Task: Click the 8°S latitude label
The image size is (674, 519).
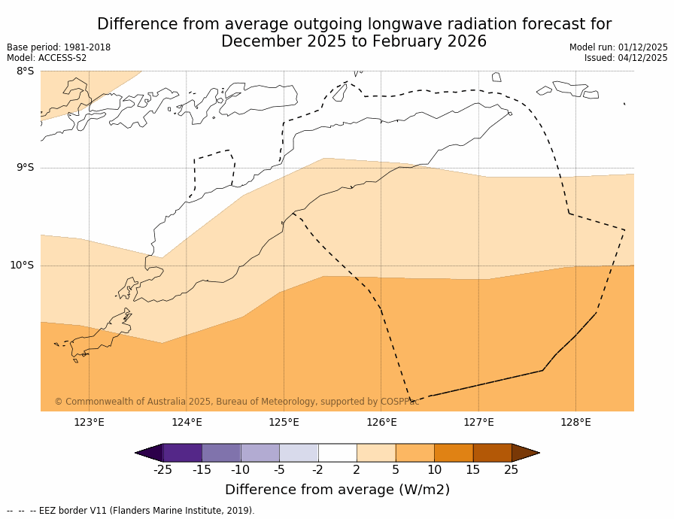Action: click(25, 71)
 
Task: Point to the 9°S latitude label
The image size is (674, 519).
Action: click(25, 168)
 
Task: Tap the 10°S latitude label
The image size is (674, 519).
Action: click(22, 265)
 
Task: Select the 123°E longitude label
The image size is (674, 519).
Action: click(89, 422)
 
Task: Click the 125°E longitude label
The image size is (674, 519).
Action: click(284, 422)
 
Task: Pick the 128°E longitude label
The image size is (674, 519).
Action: click(575, 422)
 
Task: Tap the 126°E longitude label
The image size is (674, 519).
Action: click(381, 422)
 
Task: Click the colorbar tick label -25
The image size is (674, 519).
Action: click(162, 470)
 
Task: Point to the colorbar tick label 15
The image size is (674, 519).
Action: click(472, 470)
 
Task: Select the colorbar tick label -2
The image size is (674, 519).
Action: click(318, 470)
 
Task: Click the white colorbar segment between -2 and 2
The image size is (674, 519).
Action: click(337, 453)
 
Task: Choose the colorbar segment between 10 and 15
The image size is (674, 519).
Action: click(454, 453)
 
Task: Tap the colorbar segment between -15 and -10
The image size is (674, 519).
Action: click(221, 453)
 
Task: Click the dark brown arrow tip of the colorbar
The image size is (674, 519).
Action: click(525, 453)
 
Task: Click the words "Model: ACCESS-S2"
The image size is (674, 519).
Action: click(47, 58)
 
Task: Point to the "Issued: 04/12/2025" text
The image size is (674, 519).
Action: click(626, 58)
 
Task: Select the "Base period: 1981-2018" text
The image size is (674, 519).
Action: click(59, 47)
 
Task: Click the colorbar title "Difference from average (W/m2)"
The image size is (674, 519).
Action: click(337, 490)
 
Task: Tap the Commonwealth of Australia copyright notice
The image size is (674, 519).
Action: click(237, 402)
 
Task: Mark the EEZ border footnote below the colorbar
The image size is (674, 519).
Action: click(131, 511)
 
